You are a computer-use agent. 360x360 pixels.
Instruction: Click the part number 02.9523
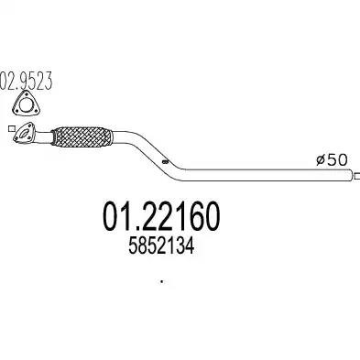tap(27, 81)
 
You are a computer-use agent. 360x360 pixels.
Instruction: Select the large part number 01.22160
tap(161, 216)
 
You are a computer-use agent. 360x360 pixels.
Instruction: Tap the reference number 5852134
tap(161, 246)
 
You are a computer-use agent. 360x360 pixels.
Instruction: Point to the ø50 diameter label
tap(332, 160)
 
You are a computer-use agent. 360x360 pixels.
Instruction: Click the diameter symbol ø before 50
tap(322, 160)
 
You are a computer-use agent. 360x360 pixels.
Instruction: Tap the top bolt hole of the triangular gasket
tap(25, 94)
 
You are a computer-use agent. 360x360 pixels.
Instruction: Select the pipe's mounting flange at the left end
tap(24, 132)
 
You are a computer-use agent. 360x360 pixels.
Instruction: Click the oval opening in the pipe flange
tap(24, 133)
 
